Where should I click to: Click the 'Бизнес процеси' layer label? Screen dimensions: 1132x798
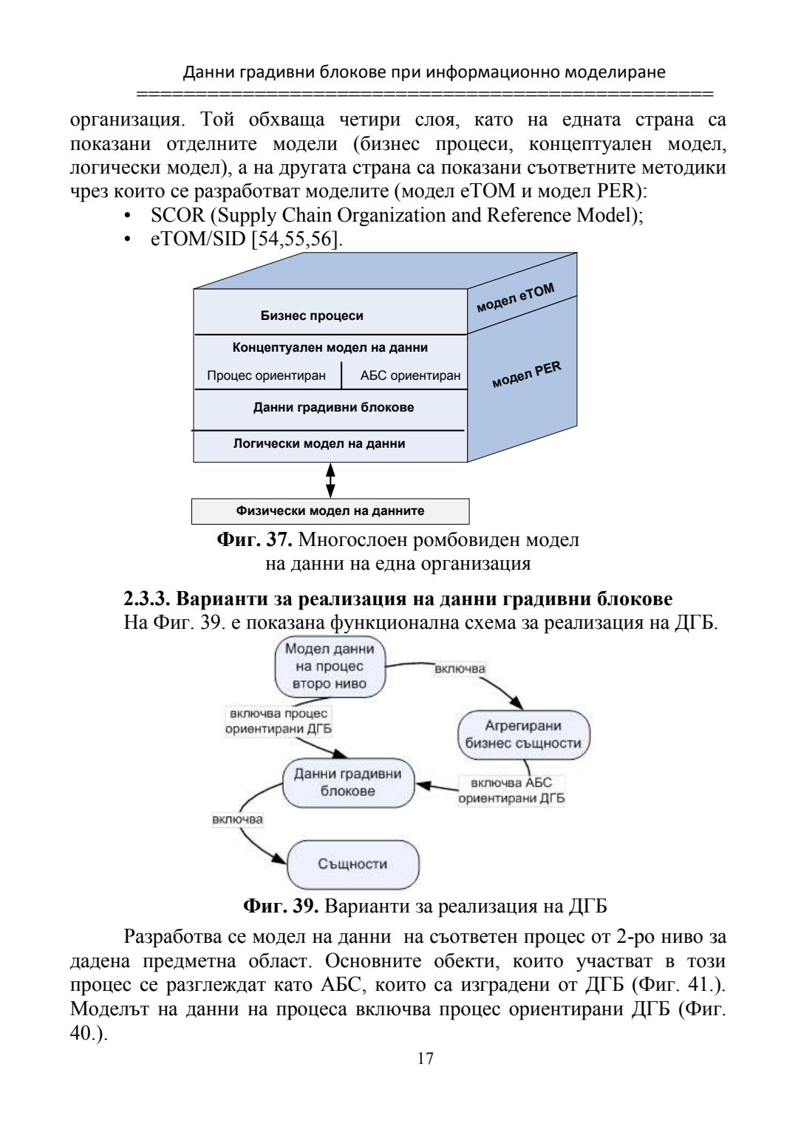[312, 316]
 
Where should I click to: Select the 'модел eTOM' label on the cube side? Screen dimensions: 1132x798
[514, 296]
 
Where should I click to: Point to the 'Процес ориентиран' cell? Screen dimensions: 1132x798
[266, 375]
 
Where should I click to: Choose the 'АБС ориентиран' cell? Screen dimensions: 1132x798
[410, 375]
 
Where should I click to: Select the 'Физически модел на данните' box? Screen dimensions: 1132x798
[330, 511]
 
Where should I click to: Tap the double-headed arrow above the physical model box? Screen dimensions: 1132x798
[331, 479]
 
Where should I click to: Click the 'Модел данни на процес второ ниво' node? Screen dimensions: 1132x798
[330, 666]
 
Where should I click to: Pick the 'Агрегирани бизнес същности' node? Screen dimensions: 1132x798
[523, 734]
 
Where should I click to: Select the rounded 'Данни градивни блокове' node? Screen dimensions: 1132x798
[348, 782]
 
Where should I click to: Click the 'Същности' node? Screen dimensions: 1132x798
[352, 864]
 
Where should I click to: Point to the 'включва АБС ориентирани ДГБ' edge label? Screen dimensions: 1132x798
[511, 791]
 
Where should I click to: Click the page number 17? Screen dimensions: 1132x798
[425, 1058]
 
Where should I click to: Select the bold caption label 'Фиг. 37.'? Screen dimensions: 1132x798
[255, 540]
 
